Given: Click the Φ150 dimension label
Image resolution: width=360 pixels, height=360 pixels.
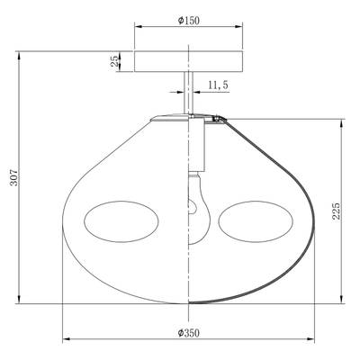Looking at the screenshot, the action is (x=188, y=21).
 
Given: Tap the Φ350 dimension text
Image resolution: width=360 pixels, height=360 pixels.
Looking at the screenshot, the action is (x=188, y=333).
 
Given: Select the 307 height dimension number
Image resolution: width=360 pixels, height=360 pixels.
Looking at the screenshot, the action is (x=14, y=177).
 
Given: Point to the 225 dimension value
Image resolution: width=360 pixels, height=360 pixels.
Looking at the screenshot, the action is (x=337, y=211).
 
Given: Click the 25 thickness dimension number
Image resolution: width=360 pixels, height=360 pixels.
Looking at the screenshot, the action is (x=115, y=62).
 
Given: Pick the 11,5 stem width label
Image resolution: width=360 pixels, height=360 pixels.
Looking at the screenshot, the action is (x=218, y=85).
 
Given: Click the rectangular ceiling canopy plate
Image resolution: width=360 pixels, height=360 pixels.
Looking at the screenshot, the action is (x=188, y=62).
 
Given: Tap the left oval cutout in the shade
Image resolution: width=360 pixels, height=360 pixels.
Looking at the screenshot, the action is (x=121, y=221).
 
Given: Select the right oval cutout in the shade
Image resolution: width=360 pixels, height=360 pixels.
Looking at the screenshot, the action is (x=256, y=221).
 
